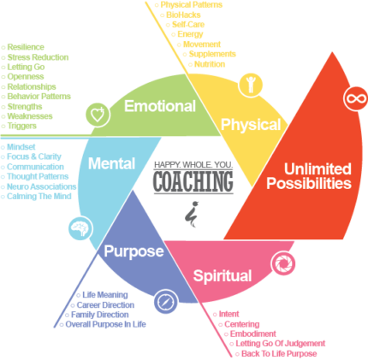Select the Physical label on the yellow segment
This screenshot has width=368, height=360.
coord(250,125)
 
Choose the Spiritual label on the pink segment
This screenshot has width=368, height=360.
coord(222,275)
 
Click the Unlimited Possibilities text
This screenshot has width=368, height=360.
coord(307,174)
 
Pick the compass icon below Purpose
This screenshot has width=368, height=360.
coord(165,302)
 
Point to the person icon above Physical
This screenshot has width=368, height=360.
coord(252,84)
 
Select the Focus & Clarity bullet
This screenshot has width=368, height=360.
coord(35,156)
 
